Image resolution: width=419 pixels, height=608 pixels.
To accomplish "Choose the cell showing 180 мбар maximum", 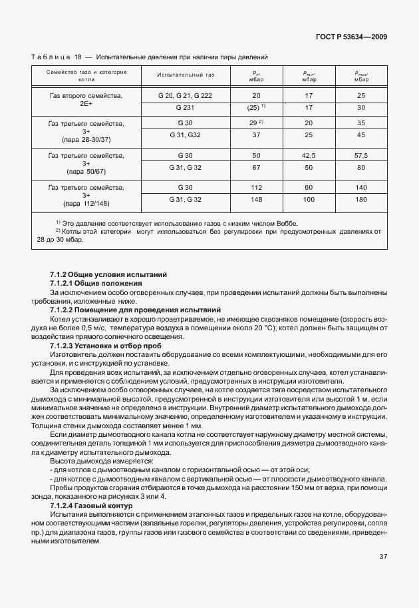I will click(361, 199).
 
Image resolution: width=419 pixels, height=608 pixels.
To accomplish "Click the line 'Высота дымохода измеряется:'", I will click(101, 460).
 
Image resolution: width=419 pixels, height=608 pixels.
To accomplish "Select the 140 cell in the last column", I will click(361, 187).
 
